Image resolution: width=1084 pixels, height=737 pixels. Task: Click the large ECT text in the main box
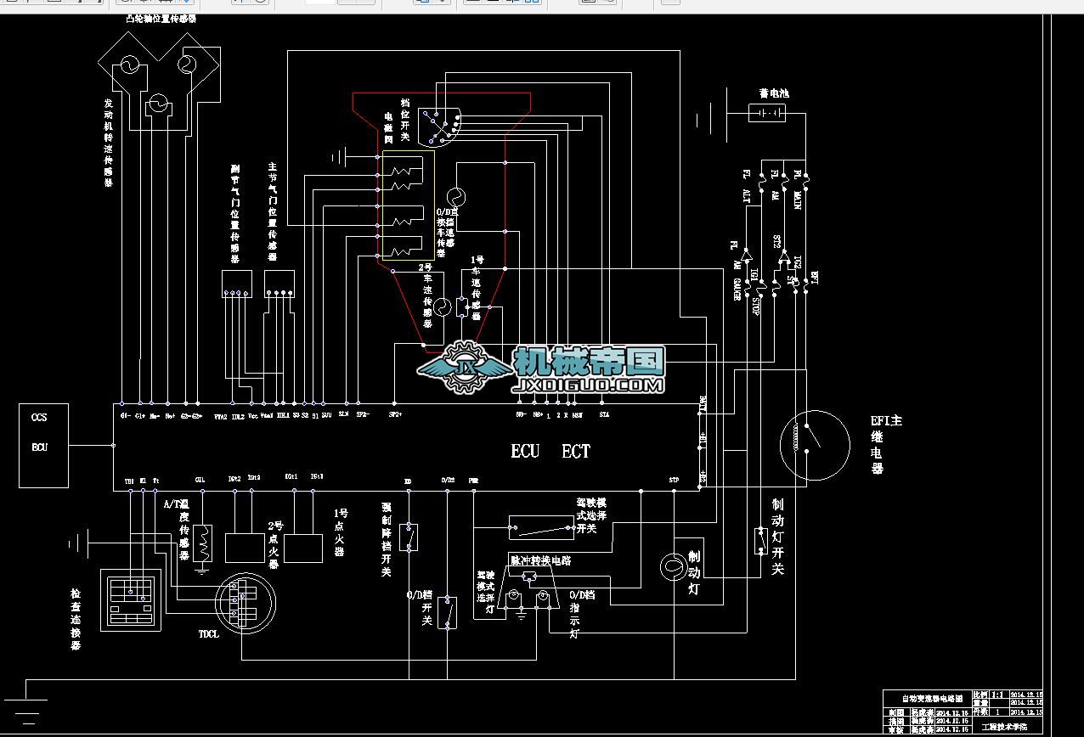click(576, 452)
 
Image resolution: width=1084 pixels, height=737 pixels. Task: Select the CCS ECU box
click(44, 445)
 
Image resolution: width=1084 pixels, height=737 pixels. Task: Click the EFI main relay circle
click(815, 446)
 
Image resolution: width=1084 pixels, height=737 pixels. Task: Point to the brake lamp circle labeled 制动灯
click(673, 566)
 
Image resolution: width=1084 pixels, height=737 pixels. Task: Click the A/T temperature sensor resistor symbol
click(202, 544)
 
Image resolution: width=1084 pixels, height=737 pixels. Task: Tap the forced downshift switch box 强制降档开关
click(409, 537)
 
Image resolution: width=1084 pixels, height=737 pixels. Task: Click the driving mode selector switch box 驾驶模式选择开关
click(541, 527)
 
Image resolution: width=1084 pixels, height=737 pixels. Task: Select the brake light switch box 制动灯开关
click(761, 541)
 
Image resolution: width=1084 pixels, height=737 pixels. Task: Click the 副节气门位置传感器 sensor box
click(237, 284)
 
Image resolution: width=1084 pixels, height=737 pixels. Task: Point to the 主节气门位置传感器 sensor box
click(279, 284)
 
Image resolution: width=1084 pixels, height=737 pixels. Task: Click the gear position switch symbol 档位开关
click(442, 126)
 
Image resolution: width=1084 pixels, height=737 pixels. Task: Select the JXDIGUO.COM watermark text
click(588, 386)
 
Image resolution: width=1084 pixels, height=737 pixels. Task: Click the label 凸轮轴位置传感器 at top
click(161, 19)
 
